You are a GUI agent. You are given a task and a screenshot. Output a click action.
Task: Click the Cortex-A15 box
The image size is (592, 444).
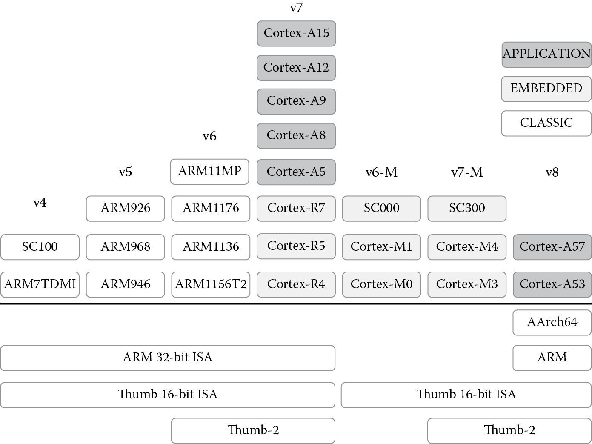[296, 33]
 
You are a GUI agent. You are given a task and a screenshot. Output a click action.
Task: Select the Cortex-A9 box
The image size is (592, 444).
[296, 101]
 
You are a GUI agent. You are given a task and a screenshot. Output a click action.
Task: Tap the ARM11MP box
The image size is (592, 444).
[209, 171]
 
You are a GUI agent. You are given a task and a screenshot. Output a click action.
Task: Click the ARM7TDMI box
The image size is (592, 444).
[40, 284]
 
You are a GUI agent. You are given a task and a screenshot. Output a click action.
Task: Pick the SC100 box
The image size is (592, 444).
[40, 246]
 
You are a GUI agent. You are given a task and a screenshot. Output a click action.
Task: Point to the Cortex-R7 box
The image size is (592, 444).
[296, 208]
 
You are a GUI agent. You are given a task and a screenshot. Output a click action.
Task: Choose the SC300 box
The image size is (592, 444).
[467, 208]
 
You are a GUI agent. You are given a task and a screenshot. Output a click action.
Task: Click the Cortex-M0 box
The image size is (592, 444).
[381, 284]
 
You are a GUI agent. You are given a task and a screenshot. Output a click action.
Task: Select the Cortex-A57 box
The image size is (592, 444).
[552, 246]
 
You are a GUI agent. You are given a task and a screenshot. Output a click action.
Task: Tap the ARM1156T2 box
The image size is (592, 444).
[211, 284]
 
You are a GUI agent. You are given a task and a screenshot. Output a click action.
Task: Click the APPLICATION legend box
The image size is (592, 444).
[546, 54]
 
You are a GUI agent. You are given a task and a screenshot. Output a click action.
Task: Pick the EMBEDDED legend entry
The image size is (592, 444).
[546, 89]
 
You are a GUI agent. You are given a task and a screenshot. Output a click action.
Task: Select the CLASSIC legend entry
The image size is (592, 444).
[546, 123]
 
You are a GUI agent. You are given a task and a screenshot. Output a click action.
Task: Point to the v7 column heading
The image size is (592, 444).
[296, 8]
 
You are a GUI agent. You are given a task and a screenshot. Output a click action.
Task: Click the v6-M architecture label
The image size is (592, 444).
[381, 172]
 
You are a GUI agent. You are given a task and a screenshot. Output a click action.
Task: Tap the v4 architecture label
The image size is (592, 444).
[40, 203]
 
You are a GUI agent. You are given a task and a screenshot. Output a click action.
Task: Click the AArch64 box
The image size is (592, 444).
[552, 322]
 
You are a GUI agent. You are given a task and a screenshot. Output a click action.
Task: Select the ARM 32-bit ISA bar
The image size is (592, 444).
[168, 358]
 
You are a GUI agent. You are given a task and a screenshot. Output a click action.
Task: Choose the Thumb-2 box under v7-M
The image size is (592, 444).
[509, 430]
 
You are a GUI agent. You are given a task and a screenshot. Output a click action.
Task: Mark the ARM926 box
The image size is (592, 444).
[125, 208]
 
